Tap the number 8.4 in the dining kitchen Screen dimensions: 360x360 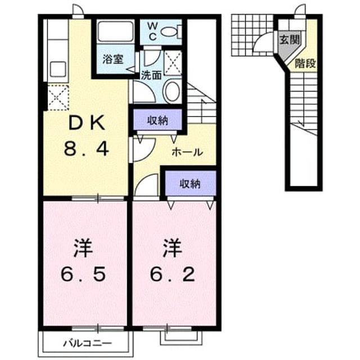(x=86, y=148)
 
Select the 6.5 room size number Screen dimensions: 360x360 (x=84, y=274)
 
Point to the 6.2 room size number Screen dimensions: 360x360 (x=173, y=274)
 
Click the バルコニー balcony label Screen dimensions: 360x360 (x=88, y=344)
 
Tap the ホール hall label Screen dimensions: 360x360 (x=187, y=152)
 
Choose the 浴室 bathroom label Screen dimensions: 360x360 (x=113, y=59)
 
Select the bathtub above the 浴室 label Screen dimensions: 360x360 (x=116, y=31)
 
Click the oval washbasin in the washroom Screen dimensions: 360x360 (x=172, y=91)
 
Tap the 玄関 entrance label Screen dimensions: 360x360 (x=290, y=40)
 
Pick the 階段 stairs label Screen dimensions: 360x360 (x=305, y=64)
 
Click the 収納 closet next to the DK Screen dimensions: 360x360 (x=157, y=120)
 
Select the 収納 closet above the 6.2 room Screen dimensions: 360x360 (x=190, y=183)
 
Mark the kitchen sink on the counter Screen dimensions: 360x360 (x=58, y=69)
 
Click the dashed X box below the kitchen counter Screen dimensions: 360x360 (x=58, y=97)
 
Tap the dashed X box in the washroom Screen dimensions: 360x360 (x=173, y=62)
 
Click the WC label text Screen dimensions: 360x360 (x=152, y=32)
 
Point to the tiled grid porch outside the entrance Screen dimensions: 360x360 (x=253, y=35)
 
